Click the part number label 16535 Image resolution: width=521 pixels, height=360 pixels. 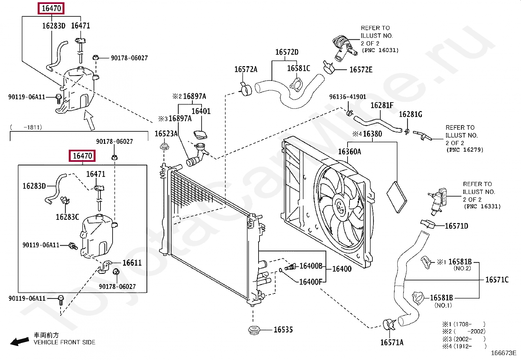click(283, 330)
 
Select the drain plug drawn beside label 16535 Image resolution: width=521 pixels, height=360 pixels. click(254, 331)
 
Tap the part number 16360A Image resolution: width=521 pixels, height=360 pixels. click(349, 152)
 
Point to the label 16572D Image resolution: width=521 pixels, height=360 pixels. click(287, 52)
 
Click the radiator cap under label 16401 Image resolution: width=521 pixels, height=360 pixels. click(200, 135)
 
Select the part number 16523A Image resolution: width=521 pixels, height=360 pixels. click(166, 134)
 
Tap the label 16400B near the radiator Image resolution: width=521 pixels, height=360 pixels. click(311, 266)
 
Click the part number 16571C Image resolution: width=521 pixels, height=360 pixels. click(497, 280)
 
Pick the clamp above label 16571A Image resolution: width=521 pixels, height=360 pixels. click(389, 325)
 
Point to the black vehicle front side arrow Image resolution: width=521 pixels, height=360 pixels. click(20, 342)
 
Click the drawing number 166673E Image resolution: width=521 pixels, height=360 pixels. click(504, 353)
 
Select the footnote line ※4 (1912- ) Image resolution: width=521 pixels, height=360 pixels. click(464, 346)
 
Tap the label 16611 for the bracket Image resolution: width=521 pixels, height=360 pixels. click(132, 263)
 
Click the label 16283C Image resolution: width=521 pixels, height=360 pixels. click(67, 217)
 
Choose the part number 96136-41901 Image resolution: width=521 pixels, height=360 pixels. click(348, 97)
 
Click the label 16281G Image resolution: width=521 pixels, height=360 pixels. click(410, 114)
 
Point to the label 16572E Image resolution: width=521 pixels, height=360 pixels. click(361, 70)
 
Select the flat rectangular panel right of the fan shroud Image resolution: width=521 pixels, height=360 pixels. click(397, 197)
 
